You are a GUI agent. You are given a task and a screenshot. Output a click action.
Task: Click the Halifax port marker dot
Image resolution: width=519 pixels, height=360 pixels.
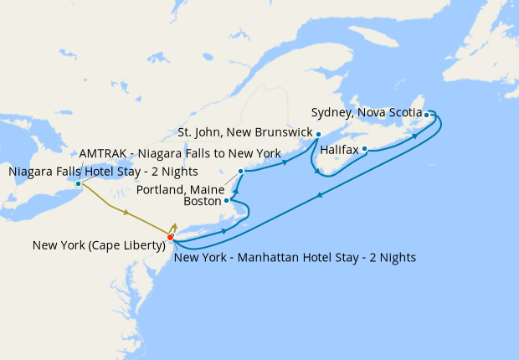coord(365,150)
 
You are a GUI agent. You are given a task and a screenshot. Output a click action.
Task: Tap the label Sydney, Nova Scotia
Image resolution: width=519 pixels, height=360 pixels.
coord(366,112)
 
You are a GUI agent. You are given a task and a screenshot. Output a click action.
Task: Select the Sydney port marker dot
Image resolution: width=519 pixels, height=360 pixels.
coord(427,115)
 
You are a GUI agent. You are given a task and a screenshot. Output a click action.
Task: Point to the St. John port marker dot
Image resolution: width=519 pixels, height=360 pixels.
coord(318,134)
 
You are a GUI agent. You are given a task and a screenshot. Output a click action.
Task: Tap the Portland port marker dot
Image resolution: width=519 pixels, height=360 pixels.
coord(240,172)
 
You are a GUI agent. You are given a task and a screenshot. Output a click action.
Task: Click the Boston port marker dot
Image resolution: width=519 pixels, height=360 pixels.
coord(227,201)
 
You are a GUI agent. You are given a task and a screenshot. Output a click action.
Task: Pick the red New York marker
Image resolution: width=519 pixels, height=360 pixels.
coord(171,238)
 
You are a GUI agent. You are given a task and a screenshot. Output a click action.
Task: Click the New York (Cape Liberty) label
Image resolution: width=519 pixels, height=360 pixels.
coord(97,246)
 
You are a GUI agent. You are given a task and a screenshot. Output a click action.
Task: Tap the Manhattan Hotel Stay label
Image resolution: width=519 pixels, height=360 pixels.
coord(295,257)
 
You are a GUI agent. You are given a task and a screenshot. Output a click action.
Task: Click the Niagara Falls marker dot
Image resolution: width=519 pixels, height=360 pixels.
coord(78,183)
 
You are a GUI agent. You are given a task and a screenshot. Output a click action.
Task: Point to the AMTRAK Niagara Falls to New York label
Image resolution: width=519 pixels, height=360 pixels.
coord(180,154)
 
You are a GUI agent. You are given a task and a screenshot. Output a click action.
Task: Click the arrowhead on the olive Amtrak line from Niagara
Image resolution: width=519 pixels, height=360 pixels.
coord(126,213)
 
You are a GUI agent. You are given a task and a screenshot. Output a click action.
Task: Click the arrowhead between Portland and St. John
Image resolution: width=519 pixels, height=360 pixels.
coord(285,162)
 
